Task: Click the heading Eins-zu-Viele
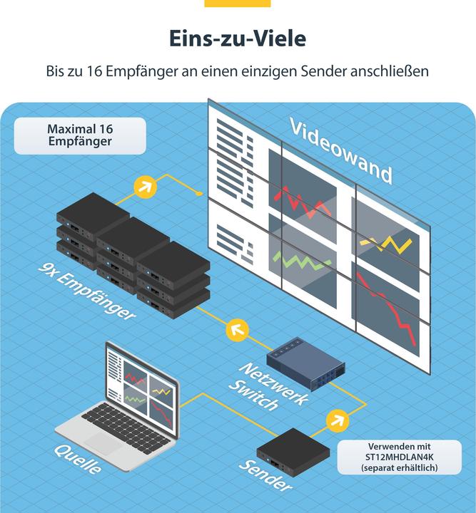(x=238, y=38)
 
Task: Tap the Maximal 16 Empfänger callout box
(x=80, y=136)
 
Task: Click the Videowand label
(x=340, y=152)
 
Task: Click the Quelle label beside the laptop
(x=77, y=459)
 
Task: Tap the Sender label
(x=265, y=475)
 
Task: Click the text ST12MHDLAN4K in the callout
(x=400, y=457)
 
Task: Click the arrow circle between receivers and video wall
(x=146, y=187)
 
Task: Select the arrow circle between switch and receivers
(x=238, y=330)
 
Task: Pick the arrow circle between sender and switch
(x=338, y=420)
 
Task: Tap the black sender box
(x=293, y=452)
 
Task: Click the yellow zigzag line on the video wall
(x=385, y=244)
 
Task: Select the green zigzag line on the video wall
(x=302, y=260)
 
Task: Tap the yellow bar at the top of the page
(x=238, y=4)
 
